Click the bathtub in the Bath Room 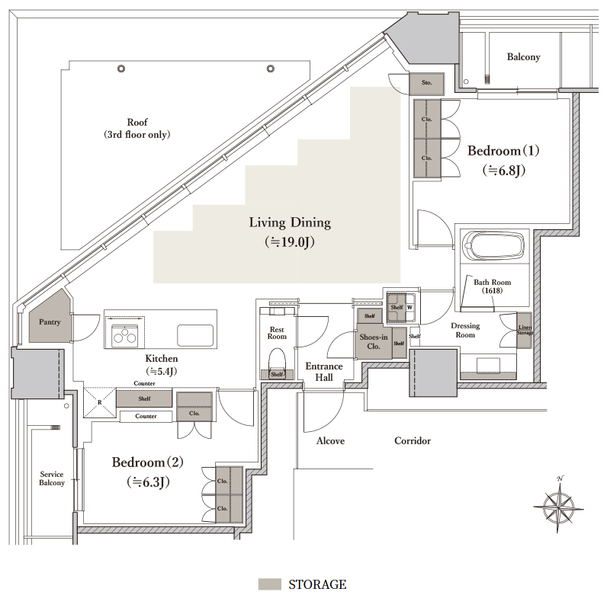[493, 245]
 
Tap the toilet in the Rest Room [277, 360]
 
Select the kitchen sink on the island [195, 335]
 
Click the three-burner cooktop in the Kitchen [124, 336]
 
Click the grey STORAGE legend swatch [269, 584]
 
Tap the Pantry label [50, 321]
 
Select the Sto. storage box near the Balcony [426, 83]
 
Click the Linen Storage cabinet [525, 330]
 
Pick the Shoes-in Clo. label [374, 341]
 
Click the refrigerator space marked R [100, 402]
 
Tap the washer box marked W [410, 308]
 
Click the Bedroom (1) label [503, 151]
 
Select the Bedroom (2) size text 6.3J [148, 482]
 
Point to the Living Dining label [290, 222]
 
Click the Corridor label [413, 440]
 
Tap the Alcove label [330, 440]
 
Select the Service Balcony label [52, 478]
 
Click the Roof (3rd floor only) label [137, 129]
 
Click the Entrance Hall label [324, 372]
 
